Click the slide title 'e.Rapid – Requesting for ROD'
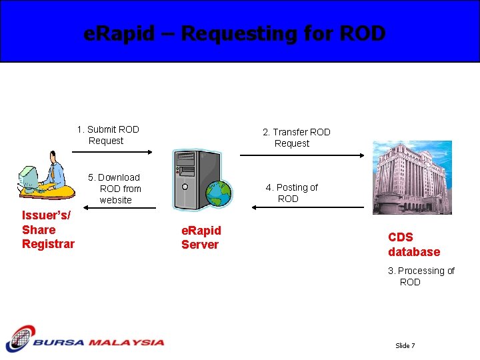[x=235, y=33]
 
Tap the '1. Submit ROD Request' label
[x=107, y=135]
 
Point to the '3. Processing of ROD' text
[x=421, y=276]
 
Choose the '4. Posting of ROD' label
[x=291, y=193]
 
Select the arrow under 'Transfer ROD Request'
[x=301, y=155]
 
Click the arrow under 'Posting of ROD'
[x=307, y=207]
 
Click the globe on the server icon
[x=218, y=193]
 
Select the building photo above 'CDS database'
[x=411, y=177]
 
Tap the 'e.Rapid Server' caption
[x=201, y=237]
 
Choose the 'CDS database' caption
[x=414, y=245]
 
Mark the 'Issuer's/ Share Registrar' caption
[x=48, y=229]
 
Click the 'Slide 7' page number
[x=405, y=345]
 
